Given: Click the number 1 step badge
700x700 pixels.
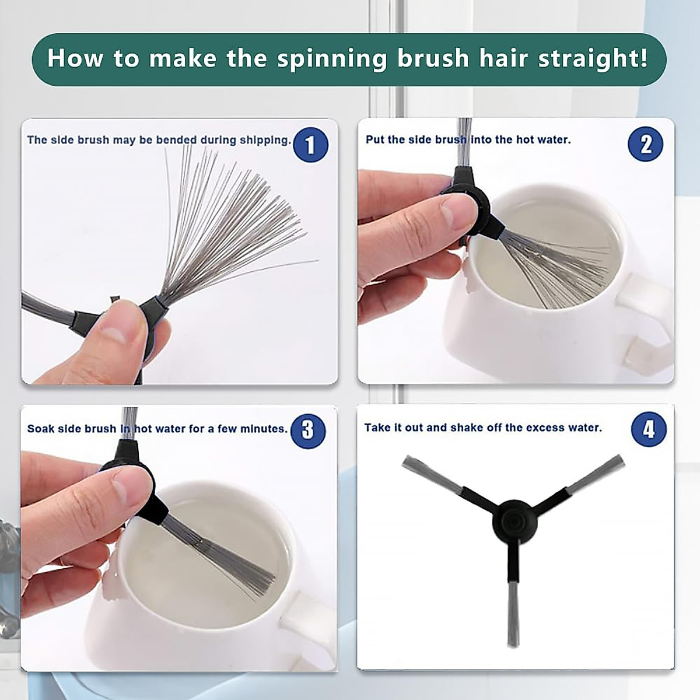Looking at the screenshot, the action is (x=310, y=145).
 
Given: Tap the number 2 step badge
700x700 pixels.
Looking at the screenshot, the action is (x=646, y=144).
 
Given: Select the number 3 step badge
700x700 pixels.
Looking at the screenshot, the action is (x=308, y=431).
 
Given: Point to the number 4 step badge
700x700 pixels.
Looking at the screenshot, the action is (x=649, y=429).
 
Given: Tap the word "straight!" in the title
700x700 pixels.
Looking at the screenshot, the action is (x=592, y=58).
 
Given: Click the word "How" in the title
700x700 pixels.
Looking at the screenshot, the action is (x=75, y=58).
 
